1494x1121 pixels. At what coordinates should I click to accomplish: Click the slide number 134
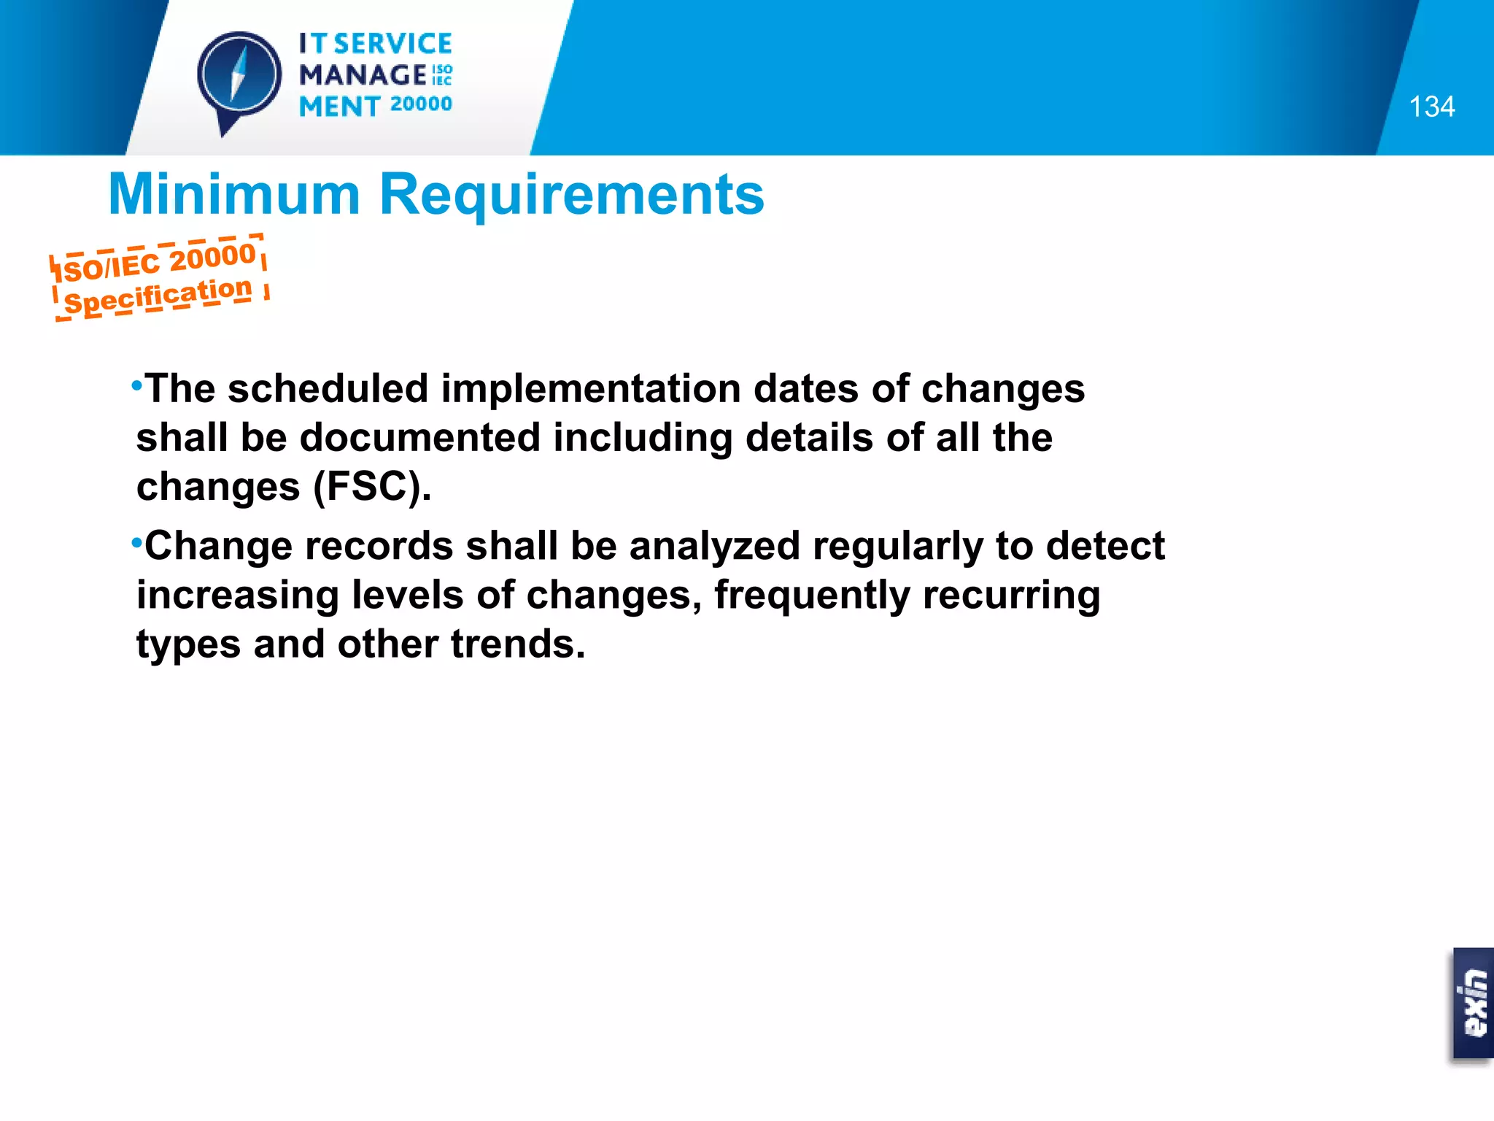click(1431, 107)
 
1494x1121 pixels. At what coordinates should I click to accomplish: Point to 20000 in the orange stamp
click(212, 258)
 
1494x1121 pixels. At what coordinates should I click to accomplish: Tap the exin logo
click(1474, 1003)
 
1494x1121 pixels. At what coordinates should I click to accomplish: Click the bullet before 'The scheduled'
click(136, 384)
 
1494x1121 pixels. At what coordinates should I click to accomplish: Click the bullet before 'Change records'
click(136, 542)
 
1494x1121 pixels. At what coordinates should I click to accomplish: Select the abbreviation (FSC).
click(372, 487)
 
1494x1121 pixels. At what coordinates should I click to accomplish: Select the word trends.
click(518, 644)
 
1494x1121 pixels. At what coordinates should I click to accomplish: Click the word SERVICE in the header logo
click(392, 44)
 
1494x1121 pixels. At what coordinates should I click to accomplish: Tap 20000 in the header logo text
click(421, 104)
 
